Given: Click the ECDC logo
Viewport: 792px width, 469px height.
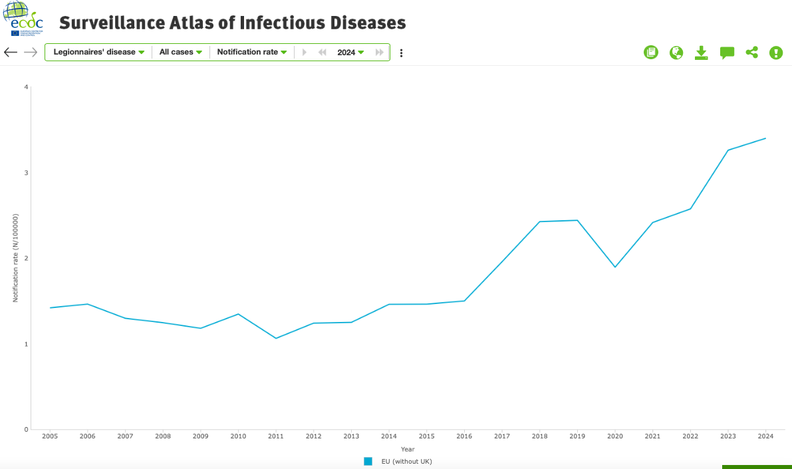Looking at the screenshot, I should coord(26,19).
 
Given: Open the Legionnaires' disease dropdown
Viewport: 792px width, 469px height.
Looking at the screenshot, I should coord(98,52).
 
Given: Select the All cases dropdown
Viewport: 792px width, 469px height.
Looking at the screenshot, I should coord(180,52).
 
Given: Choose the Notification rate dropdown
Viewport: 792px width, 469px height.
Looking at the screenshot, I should coord(251,52).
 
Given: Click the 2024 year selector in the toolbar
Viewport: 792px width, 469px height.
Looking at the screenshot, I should coord(350,52).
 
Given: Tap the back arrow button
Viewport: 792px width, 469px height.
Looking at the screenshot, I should coord(11,52).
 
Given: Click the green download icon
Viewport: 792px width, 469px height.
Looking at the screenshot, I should coord(701,53).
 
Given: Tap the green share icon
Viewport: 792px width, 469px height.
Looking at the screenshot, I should coord(751,53).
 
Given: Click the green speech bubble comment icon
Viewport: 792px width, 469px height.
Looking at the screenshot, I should coord(727,53).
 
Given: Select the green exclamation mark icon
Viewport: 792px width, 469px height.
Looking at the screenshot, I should coord(776,53).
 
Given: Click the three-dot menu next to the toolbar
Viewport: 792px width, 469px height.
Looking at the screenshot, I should coord(401,53).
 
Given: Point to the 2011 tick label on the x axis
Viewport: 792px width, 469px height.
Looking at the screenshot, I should coord(276,436).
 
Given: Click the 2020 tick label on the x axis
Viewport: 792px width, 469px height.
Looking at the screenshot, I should coord(615,436).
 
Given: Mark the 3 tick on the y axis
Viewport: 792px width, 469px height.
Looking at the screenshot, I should coord(26,173).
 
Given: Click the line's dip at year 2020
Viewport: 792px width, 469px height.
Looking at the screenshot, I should coord(615,267).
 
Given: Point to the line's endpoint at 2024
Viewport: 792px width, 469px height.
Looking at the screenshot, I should coord(765,138).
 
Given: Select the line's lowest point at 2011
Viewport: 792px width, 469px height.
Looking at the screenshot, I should coord(276,338).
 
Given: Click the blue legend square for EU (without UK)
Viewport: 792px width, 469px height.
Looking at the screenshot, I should coord(368,461).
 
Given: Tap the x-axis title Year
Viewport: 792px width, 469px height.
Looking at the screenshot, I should coord(408,449).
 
